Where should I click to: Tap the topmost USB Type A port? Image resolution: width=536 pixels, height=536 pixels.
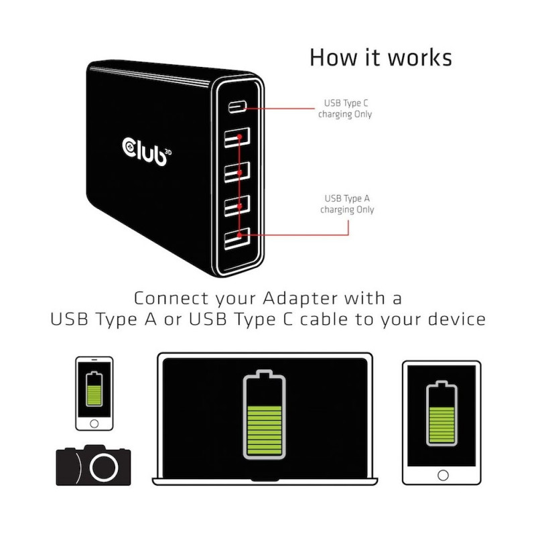237,137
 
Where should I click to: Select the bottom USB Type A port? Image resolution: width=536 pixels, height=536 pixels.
237,239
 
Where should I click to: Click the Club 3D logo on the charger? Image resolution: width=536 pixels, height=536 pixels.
147,152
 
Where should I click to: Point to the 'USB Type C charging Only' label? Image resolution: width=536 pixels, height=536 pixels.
345,109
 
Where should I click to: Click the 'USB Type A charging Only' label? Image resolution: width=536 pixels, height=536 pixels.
347,204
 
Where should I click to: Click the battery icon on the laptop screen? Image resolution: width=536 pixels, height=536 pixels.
264,415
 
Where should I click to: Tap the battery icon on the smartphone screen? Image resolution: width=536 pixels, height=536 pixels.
94,389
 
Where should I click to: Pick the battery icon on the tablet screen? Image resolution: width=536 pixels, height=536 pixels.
442,413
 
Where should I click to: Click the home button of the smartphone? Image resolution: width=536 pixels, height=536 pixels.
94,424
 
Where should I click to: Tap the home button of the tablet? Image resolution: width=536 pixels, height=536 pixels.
443,475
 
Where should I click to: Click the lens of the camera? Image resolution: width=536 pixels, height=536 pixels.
104,467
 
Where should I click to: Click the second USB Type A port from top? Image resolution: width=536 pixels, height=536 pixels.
237,172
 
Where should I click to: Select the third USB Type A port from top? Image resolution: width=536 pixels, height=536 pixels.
237,206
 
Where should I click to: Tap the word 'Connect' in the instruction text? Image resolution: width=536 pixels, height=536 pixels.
171,298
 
